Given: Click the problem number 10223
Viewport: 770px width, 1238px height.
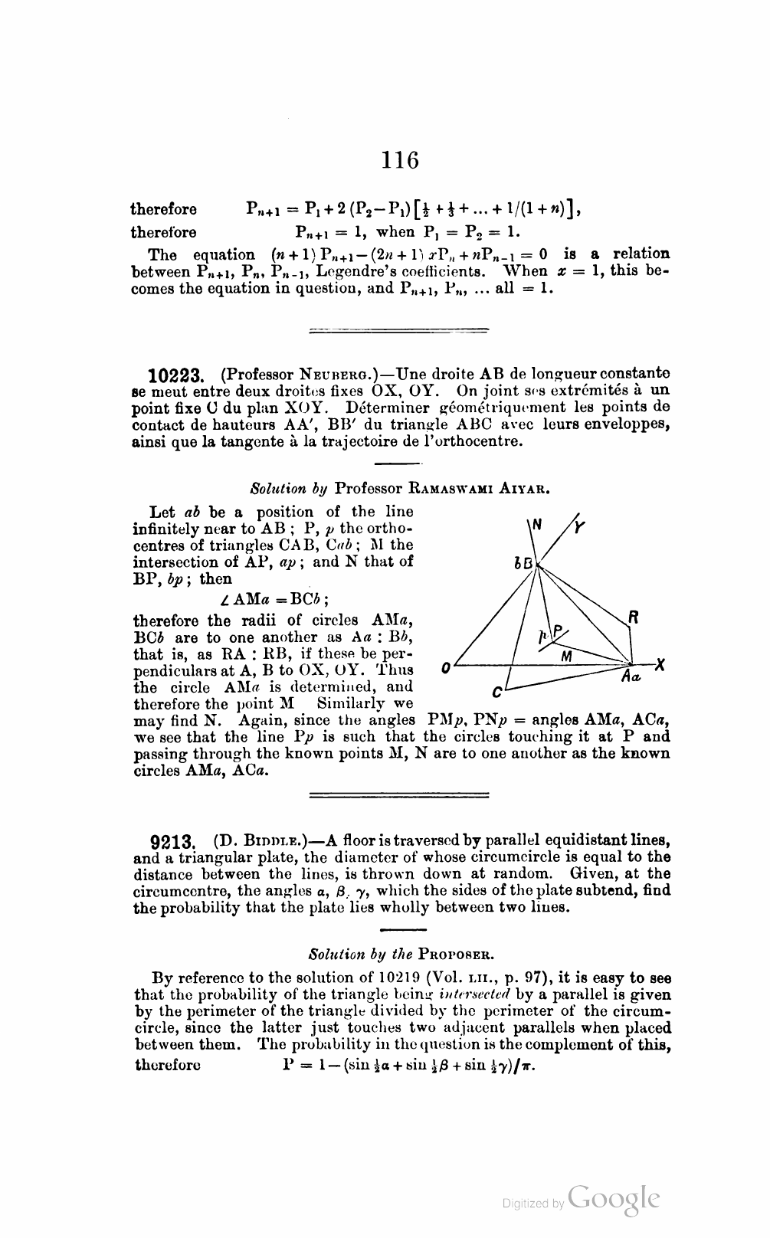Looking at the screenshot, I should [176, 375].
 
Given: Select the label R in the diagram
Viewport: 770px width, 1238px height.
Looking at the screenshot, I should [634, 617].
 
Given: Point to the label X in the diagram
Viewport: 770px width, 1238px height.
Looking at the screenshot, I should [660, 665].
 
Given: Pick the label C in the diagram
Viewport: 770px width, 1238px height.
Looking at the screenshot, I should [497, 693].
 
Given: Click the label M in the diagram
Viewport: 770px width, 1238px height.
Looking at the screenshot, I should [567, 657].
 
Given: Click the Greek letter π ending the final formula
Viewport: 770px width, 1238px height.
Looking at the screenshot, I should [528, 1066].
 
